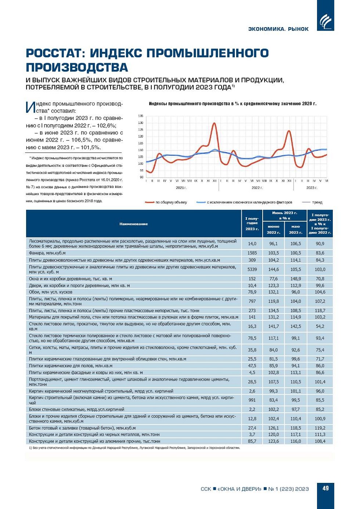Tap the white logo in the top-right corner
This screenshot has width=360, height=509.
(x=325, y=20)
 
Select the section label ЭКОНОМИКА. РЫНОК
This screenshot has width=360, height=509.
(x=278, y=29)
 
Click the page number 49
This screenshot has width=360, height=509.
(x=325, y=488)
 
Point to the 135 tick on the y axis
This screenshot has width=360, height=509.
(x=141, y=116)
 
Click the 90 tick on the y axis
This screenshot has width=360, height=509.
(x=141, y=178)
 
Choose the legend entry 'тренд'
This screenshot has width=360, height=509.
(x=317, y=202)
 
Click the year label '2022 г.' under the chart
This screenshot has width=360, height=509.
(x=257, y=188)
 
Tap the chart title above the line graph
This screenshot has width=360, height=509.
(x=232, y=104)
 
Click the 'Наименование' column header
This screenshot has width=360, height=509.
(x=133, y=224)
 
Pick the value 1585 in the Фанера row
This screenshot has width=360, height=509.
(x=252, y=253)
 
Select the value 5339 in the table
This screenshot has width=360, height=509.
(x=252, y=269)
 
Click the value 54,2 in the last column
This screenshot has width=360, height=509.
(x=320, y=326)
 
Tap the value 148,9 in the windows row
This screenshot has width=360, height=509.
(x=295, y=279)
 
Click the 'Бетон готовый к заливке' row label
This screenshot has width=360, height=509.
(x=82, y=428)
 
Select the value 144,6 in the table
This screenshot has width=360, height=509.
(x=273, y=269)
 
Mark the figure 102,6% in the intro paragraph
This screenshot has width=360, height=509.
(x=106, y=126)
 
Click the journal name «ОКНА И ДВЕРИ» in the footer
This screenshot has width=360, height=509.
(x=240, y=489)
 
